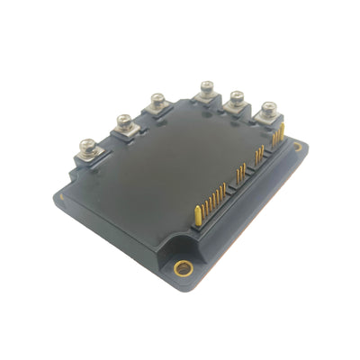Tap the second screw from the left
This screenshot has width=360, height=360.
tap(123, 119)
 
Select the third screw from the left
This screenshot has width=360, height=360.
tap(157, 100)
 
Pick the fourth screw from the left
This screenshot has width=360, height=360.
tap(206, 87)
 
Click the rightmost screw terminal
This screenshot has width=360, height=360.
tap(268, 111)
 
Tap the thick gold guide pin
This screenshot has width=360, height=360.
tap(197, 214)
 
